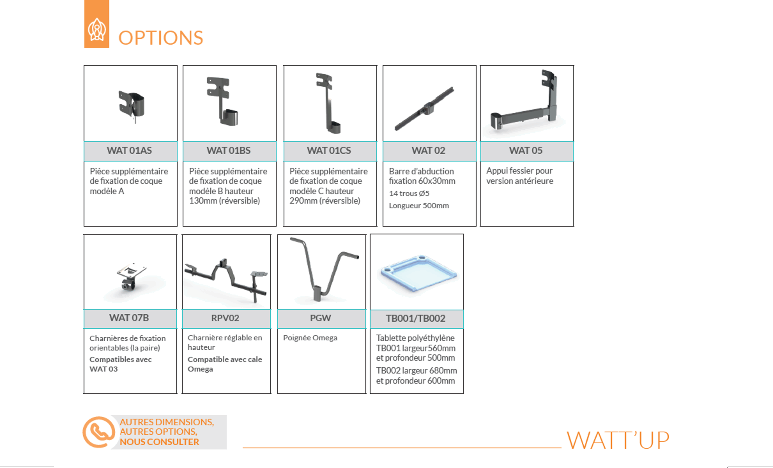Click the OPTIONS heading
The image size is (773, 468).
[161, 38]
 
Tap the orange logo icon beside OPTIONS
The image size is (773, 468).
[97, 24]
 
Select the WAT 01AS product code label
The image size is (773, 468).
[129, 151]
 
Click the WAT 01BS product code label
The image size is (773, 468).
[228, 151]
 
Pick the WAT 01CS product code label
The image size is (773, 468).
[329, 151]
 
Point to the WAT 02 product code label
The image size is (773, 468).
[428, 151]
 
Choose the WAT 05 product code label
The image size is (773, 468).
[526, 151]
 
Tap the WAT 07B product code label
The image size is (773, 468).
[129, 318]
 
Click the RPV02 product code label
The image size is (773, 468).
[225, 318]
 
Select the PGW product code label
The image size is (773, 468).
[320, 318]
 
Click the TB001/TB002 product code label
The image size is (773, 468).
[416, 318]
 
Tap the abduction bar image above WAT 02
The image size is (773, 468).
[424, 108]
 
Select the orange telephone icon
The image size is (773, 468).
[99, 432]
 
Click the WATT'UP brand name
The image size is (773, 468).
[618, 440]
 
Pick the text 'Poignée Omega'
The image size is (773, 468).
[310, 338]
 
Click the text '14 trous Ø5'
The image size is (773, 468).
[409, 193]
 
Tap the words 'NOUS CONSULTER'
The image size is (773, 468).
[159, 442]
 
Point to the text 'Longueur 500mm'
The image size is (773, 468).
[419, 205]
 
